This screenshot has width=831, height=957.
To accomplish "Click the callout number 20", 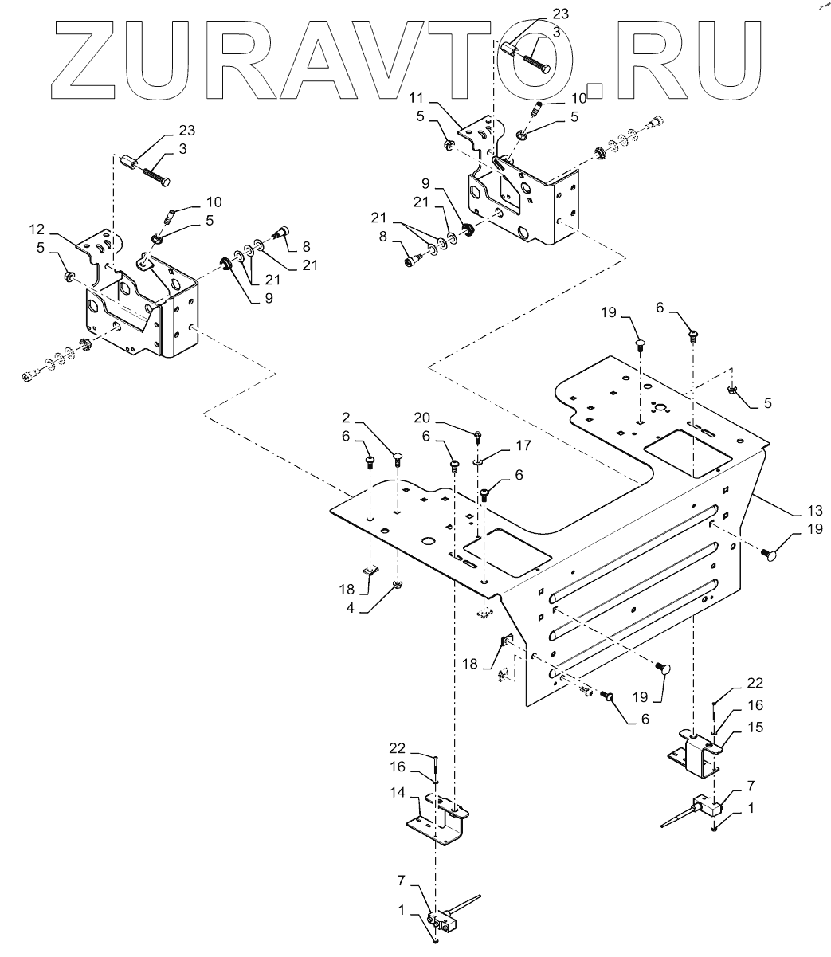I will (421, 418).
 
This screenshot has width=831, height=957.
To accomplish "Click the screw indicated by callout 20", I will (476, 435).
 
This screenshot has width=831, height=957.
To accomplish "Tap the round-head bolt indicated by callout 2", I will (397, 456).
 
